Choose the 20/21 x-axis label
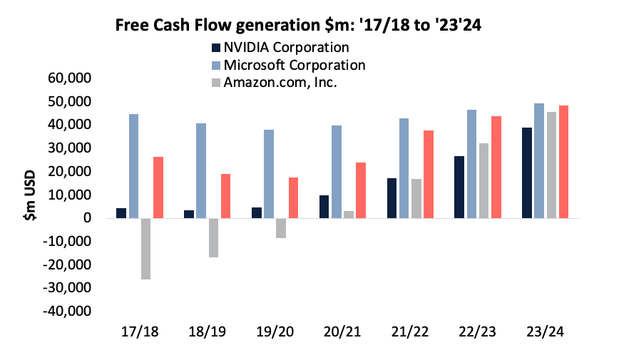(342, 332)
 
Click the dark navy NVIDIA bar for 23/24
(527, 173)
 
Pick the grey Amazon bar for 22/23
(484, 181)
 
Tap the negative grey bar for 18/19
(213, 237)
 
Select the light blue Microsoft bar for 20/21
(337, 172)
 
